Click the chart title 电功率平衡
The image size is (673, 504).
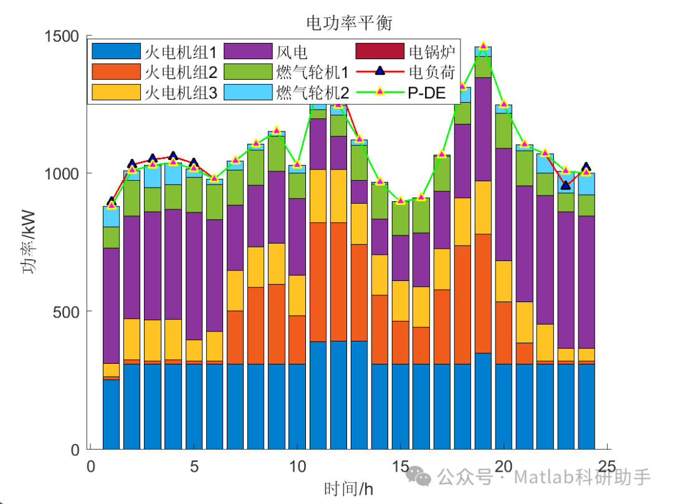pos(350,22)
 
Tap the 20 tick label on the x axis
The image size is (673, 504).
pos(504,467)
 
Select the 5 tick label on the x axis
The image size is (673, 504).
pos(194,467)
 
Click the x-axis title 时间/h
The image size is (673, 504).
pos(350,488)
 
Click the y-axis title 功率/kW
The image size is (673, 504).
pos(29,243)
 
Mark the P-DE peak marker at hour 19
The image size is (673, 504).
pos(483,46)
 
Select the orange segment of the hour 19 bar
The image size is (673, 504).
pos(483,293)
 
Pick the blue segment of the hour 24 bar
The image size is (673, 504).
pos(586,405)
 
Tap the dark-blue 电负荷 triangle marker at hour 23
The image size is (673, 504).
pos(565,185)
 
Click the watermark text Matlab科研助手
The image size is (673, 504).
pos(583,478)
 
